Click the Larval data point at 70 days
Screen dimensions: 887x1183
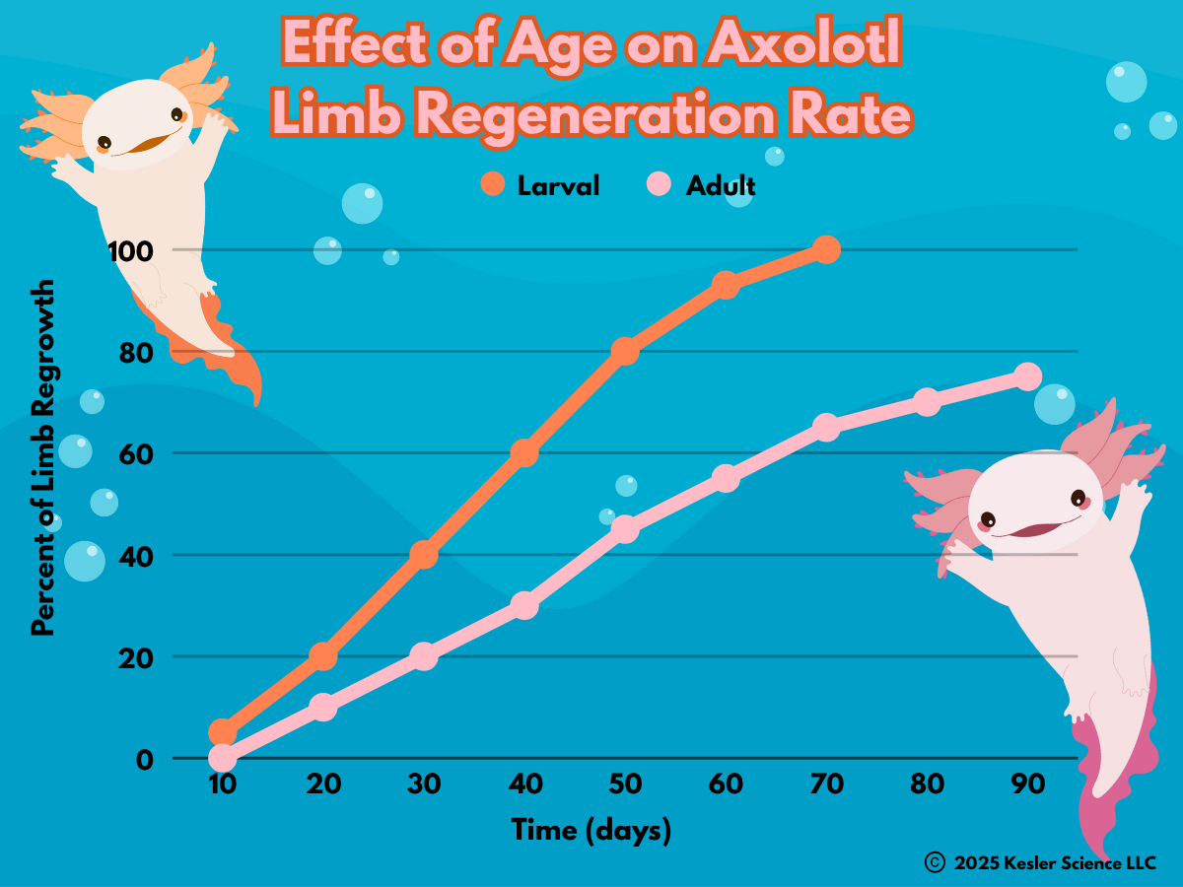826,249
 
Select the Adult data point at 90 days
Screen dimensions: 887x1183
1027,376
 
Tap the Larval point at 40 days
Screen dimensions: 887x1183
524,452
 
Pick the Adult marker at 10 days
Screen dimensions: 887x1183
223,757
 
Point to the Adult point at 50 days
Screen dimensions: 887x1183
625,529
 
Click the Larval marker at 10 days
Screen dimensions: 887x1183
223,731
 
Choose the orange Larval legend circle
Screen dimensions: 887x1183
492,184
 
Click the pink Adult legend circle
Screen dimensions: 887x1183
659,184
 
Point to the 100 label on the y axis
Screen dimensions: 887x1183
131,250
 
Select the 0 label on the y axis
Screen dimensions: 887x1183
145,759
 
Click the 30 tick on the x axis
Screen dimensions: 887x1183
424,785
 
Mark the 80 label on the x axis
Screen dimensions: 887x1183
927,785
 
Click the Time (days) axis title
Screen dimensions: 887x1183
591,830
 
